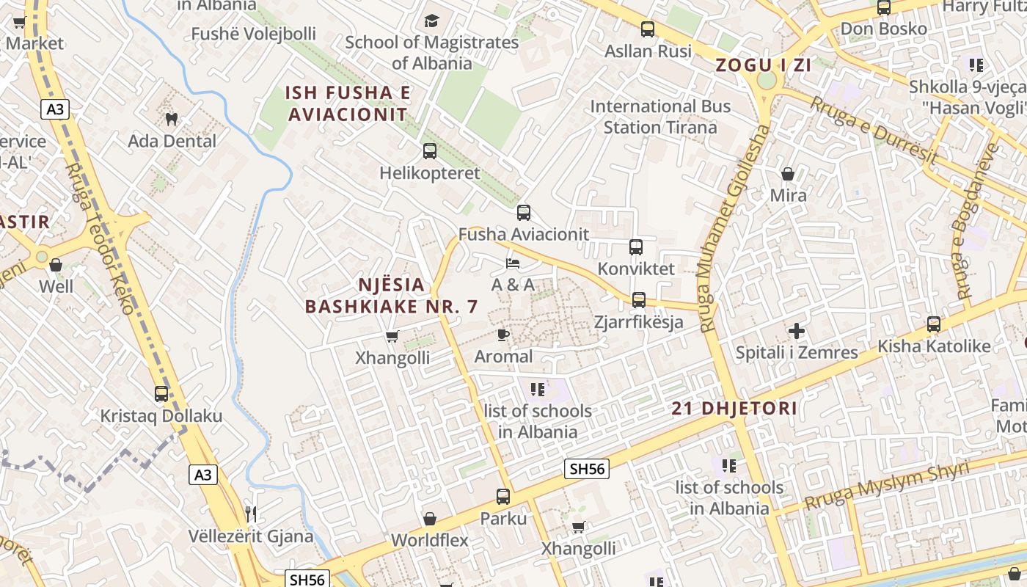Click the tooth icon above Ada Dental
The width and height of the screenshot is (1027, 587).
[x=172, y=118]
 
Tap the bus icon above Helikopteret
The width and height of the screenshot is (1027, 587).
[x=430, y=151]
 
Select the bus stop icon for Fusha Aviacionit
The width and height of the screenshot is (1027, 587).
[x=523, y=213]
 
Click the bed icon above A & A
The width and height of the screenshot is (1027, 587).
[x=513, y=263]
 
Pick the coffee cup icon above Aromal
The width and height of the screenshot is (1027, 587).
[x=502, y=335]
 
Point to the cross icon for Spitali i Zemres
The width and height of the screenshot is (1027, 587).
[x=796, y=331]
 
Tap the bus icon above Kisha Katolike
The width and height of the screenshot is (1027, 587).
[x=934, y=324]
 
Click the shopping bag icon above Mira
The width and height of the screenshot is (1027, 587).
[x=788, y=174]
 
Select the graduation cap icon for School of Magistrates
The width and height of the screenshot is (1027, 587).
[x=431, y=21]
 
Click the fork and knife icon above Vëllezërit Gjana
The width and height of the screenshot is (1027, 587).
[x=251, y=514]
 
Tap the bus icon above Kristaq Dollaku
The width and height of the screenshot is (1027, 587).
[x=161, y=394]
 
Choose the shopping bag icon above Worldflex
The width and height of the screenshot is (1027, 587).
[x=430, y=519]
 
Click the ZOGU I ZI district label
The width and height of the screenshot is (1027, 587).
[x=763, y=65]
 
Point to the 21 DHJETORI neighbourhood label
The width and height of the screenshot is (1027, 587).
[x=734, y=409]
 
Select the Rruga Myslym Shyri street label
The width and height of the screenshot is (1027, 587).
[x=887, y=486]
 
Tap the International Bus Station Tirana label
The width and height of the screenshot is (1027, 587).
[x=660, y=117]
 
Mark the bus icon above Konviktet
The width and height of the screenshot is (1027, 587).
[x=636, y=247]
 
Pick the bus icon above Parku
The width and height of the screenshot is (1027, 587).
[x=503, y=497]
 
